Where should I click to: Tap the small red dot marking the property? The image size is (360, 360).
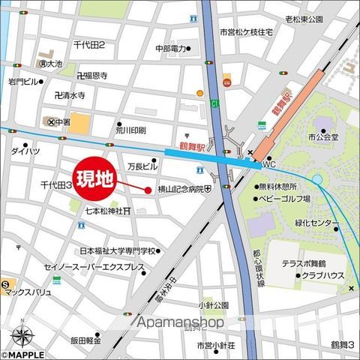[148, 190]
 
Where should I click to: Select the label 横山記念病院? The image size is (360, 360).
[178, 190]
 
